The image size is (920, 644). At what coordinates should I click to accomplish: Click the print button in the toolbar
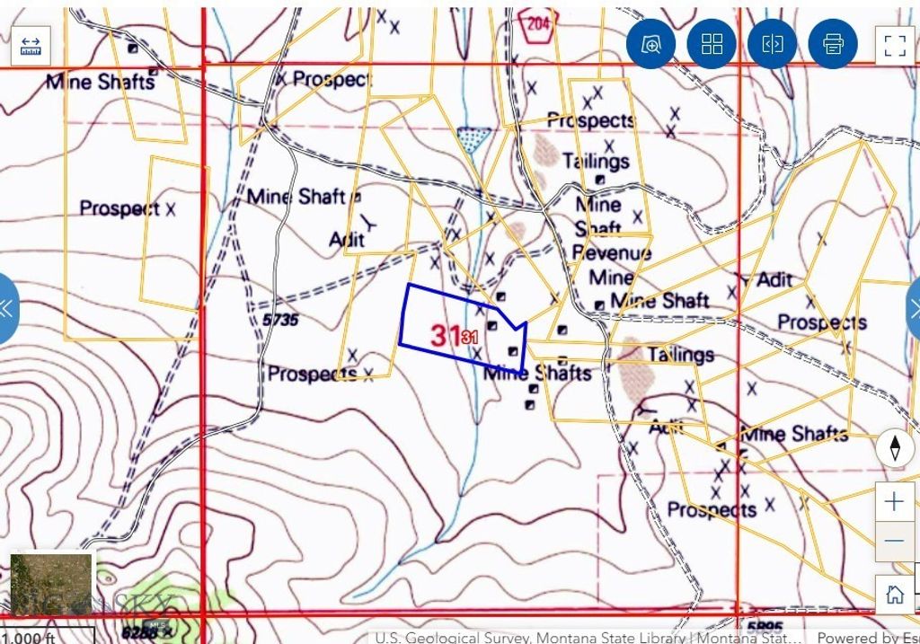click(x=833, y=44)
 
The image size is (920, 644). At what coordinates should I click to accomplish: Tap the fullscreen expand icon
click(x=894, y=45)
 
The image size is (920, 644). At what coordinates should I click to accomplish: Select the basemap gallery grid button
click(x=712, y=44)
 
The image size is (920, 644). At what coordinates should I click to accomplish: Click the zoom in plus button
click(x=894, y=501)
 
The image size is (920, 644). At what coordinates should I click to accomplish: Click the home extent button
click(x=894, y=594)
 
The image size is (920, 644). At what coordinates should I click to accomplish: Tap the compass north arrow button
click(x=895, y=447)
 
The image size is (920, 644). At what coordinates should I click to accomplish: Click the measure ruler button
click(x=31, y=45)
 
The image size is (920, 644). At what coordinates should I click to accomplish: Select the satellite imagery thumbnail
click(x=51, y=584)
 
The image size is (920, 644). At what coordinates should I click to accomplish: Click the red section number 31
click(x=447, y=336)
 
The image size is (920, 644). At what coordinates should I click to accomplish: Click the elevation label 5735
click(x=280, y=320)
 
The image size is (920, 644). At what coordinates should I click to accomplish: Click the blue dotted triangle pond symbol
click(x=473, y=137)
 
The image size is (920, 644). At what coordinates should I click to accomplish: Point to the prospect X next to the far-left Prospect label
click(x=171, y=208)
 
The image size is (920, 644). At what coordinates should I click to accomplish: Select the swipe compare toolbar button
click(x=772, y=44)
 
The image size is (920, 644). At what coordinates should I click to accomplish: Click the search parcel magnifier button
click(x=650, y=44)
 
